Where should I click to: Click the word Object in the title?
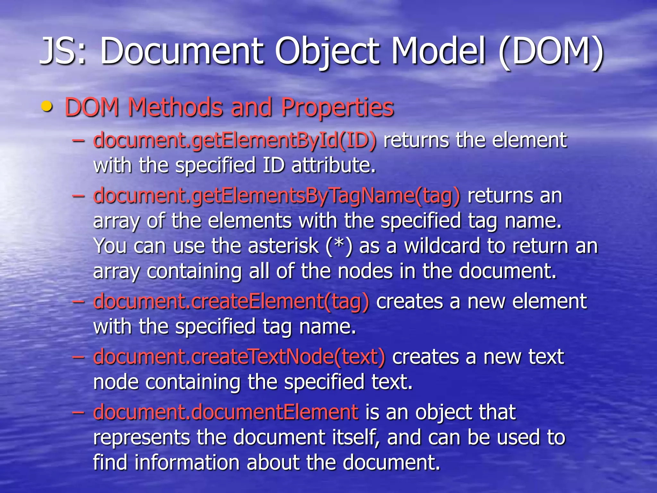pos(327,51)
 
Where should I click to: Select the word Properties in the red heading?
pos(337,107)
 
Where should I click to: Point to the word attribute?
pos(333,165)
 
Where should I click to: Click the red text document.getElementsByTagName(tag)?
pos(277,196)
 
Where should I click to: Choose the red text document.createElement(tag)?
pos(231,302)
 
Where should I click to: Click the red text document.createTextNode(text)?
pos(239,357)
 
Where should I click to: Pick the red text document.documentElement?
pos(226,412)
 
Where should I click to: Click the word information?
pos(187,462)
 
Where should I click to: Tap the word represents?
pos(141,438)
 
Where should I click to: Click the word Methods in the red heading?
pos(175,107)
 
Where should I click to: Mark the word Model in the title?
pos(438,51)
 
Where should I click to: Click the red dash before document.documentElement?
pos(79,412)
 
